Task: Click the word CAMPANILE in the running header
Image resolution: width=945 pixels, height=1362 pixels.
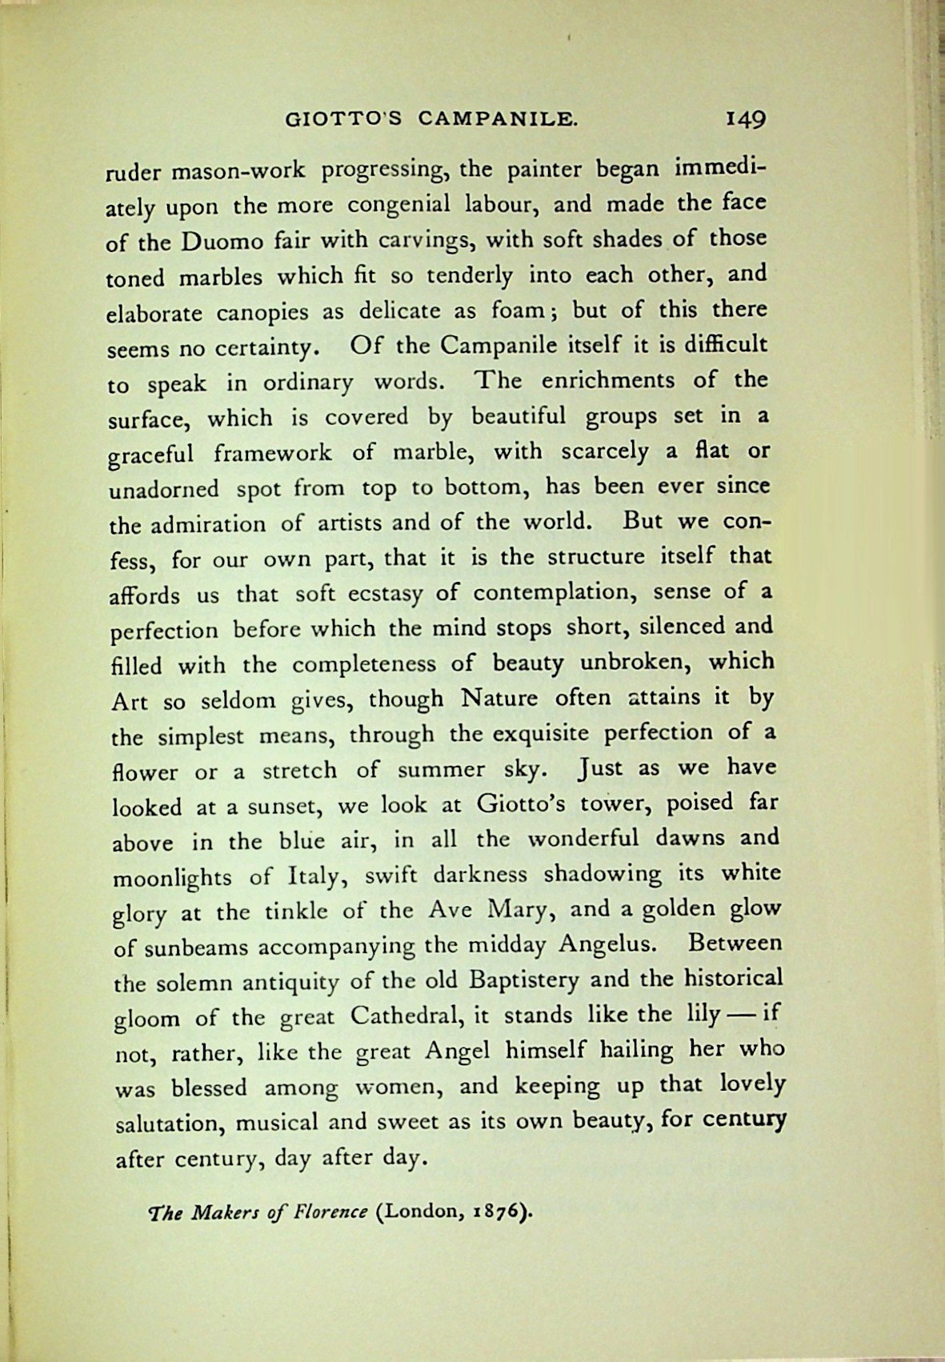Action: coord(498,119)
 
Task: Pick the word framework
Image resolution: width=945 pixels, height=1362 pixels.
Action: coord(273,453)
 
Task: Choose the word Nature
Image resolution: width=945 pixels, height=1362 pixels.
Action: coord(499,699)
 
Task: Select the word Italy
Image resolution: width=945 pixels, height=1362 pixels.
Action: coord(316,876)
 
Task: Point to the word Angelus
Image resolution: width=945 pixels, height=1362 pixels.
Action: coord(607,945)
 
